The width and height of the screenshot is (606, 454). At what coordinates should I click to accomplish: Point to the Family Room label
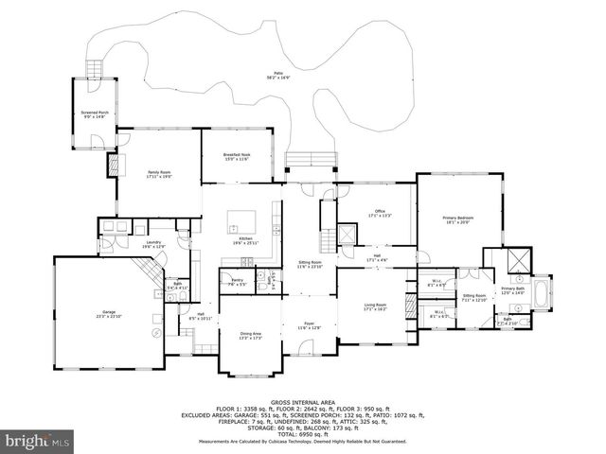pyautogui.click(x=158, y=173)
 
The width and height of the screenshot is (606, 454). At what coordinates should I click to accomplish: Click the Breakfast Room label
pyautogui.click(x=237, y=156)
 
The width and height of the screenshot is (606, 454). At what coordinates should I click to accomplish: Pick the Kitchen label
pyautogui.click(x=245, y=241)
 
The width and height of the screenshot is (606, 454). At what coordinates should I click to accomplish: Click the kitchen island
pyautogui.click(x=234, y=226)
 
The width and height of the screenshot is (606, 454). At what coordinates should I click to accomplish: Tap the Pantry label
pyautogui.click(x=237, y=282)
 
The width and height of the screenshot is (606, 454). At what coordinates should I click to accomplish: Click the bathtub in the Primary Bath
pyautogui.click(x=542, y=293)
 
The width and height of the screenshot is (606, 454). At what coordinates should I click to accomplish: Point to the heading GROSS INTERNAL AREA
pyautogui.click(x=303, y=402)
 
